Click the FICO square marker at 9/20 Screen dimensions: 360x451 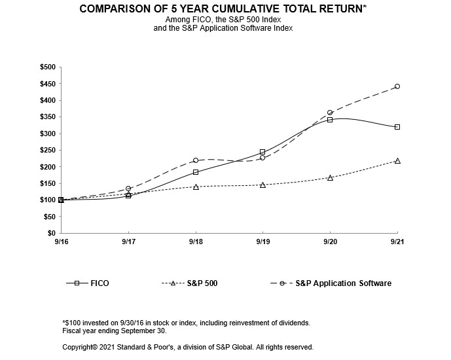click(330, 120)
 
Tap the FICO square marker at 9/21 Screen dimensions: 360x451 click(397, 127)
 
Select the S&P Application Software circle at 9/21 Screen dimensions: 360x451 click(397, 86)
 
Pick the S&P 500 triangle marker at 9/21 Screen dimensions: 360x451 click(397, 160)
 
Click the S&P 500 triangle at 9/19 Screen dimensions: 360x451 click(262, 185)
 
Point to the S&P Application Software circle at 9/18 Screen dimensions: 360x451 click(196, 160)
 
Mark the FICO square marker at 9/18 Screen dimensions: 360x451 click(196, 172)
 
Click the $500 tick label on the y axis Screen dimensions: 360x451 click(48, 67)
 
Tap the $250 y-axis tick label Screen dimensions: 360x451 click(48, 150)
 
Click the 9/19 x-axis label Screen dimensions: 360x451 click(262, 242)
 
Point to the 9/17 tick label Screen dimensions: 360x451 click(128, 242)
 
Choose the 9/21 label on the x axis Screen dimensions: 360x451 click(397, 242)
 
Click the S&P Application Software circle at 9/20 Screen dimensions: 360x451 click(330, 113)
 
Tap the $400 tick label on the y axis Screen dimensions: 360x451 click(48, 100)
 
